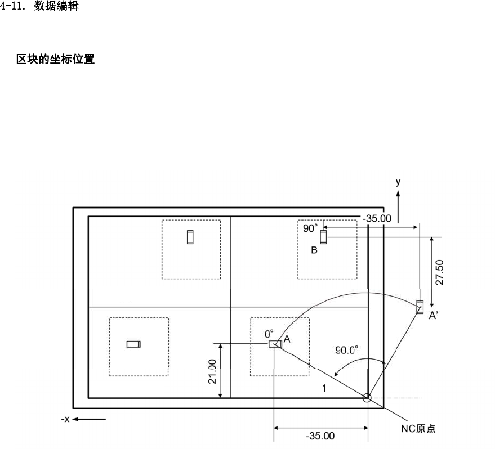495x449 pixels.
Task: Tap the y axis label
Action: [398, 182]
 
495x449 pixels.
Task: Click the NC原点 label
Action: [414, 428]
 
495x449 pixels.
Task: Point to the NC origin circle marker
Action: [367, 398]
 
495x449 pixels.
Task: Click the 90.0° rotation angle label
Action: [347, 349]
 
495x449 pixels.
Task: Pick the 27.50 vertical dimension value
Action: [439, 272]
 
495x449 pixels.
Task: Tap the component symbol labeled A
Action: [275, 344]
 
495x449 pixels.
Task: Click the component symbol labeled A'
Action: [419, 307]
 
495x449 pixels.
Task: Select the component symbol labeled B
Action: [323, 237]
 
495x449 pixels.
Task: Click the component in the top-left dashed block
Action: [190, 237]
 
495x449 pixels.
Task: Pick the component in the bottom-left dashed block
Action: [133, 344]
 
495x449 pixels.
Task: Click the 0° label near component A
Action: [270, 334]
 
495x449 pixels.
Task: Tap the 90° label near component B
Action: [310, 228]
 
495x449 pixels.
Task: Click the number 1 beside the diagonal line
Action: [325, 388]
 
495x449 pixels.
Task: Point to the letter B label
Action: [315, 250]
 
